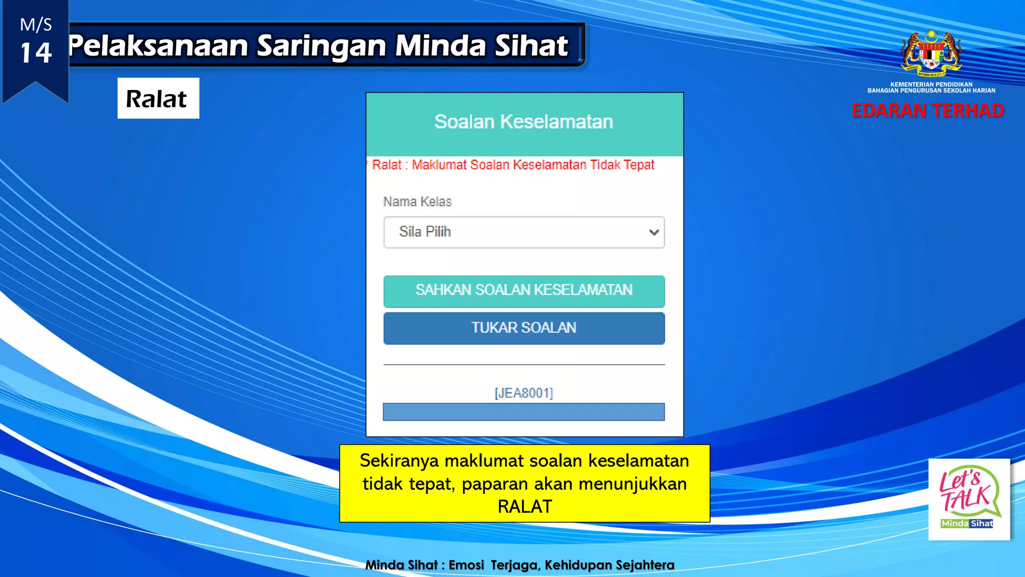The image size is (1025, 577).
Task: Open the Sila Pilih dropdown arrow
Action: point(653,232)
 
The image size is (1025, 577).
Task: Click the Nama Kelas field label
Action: point(417,202)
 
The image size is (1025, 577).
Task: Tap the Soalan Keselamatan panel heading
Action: point(524,122)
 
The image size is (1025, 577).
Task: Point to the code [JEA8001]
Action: point(524,393)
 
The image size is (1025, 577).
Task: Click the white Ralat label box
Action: point(158,98)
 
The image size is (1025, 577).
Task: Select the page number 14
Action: point(36,53)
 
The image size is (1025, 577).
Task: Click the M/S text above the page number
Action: point(36,25)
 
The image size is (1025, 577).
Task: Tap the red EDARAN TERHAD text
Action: point(928,111)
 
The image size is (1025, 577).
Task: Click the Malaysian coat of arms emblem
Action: point(931,53)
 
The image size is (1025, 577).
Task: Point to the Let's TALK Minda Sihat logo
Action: point(968,499)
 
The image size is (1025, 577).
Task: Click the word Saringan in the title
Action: point(322,46)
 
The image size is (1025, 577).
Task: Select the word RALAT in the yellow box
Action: point(525,507)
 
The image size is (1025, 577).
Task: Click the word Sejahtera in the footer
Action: point(645,565)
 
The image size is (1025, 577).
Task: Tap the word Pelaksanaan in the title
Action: point(159,46)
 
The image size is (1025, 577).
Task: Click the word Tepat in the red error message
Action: point(639,165)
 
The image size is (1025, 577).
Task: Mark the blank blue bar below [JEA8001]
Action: point(524,412)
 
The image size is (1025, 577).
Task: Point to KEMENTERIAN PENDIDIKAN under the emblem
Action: point(931,85)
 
